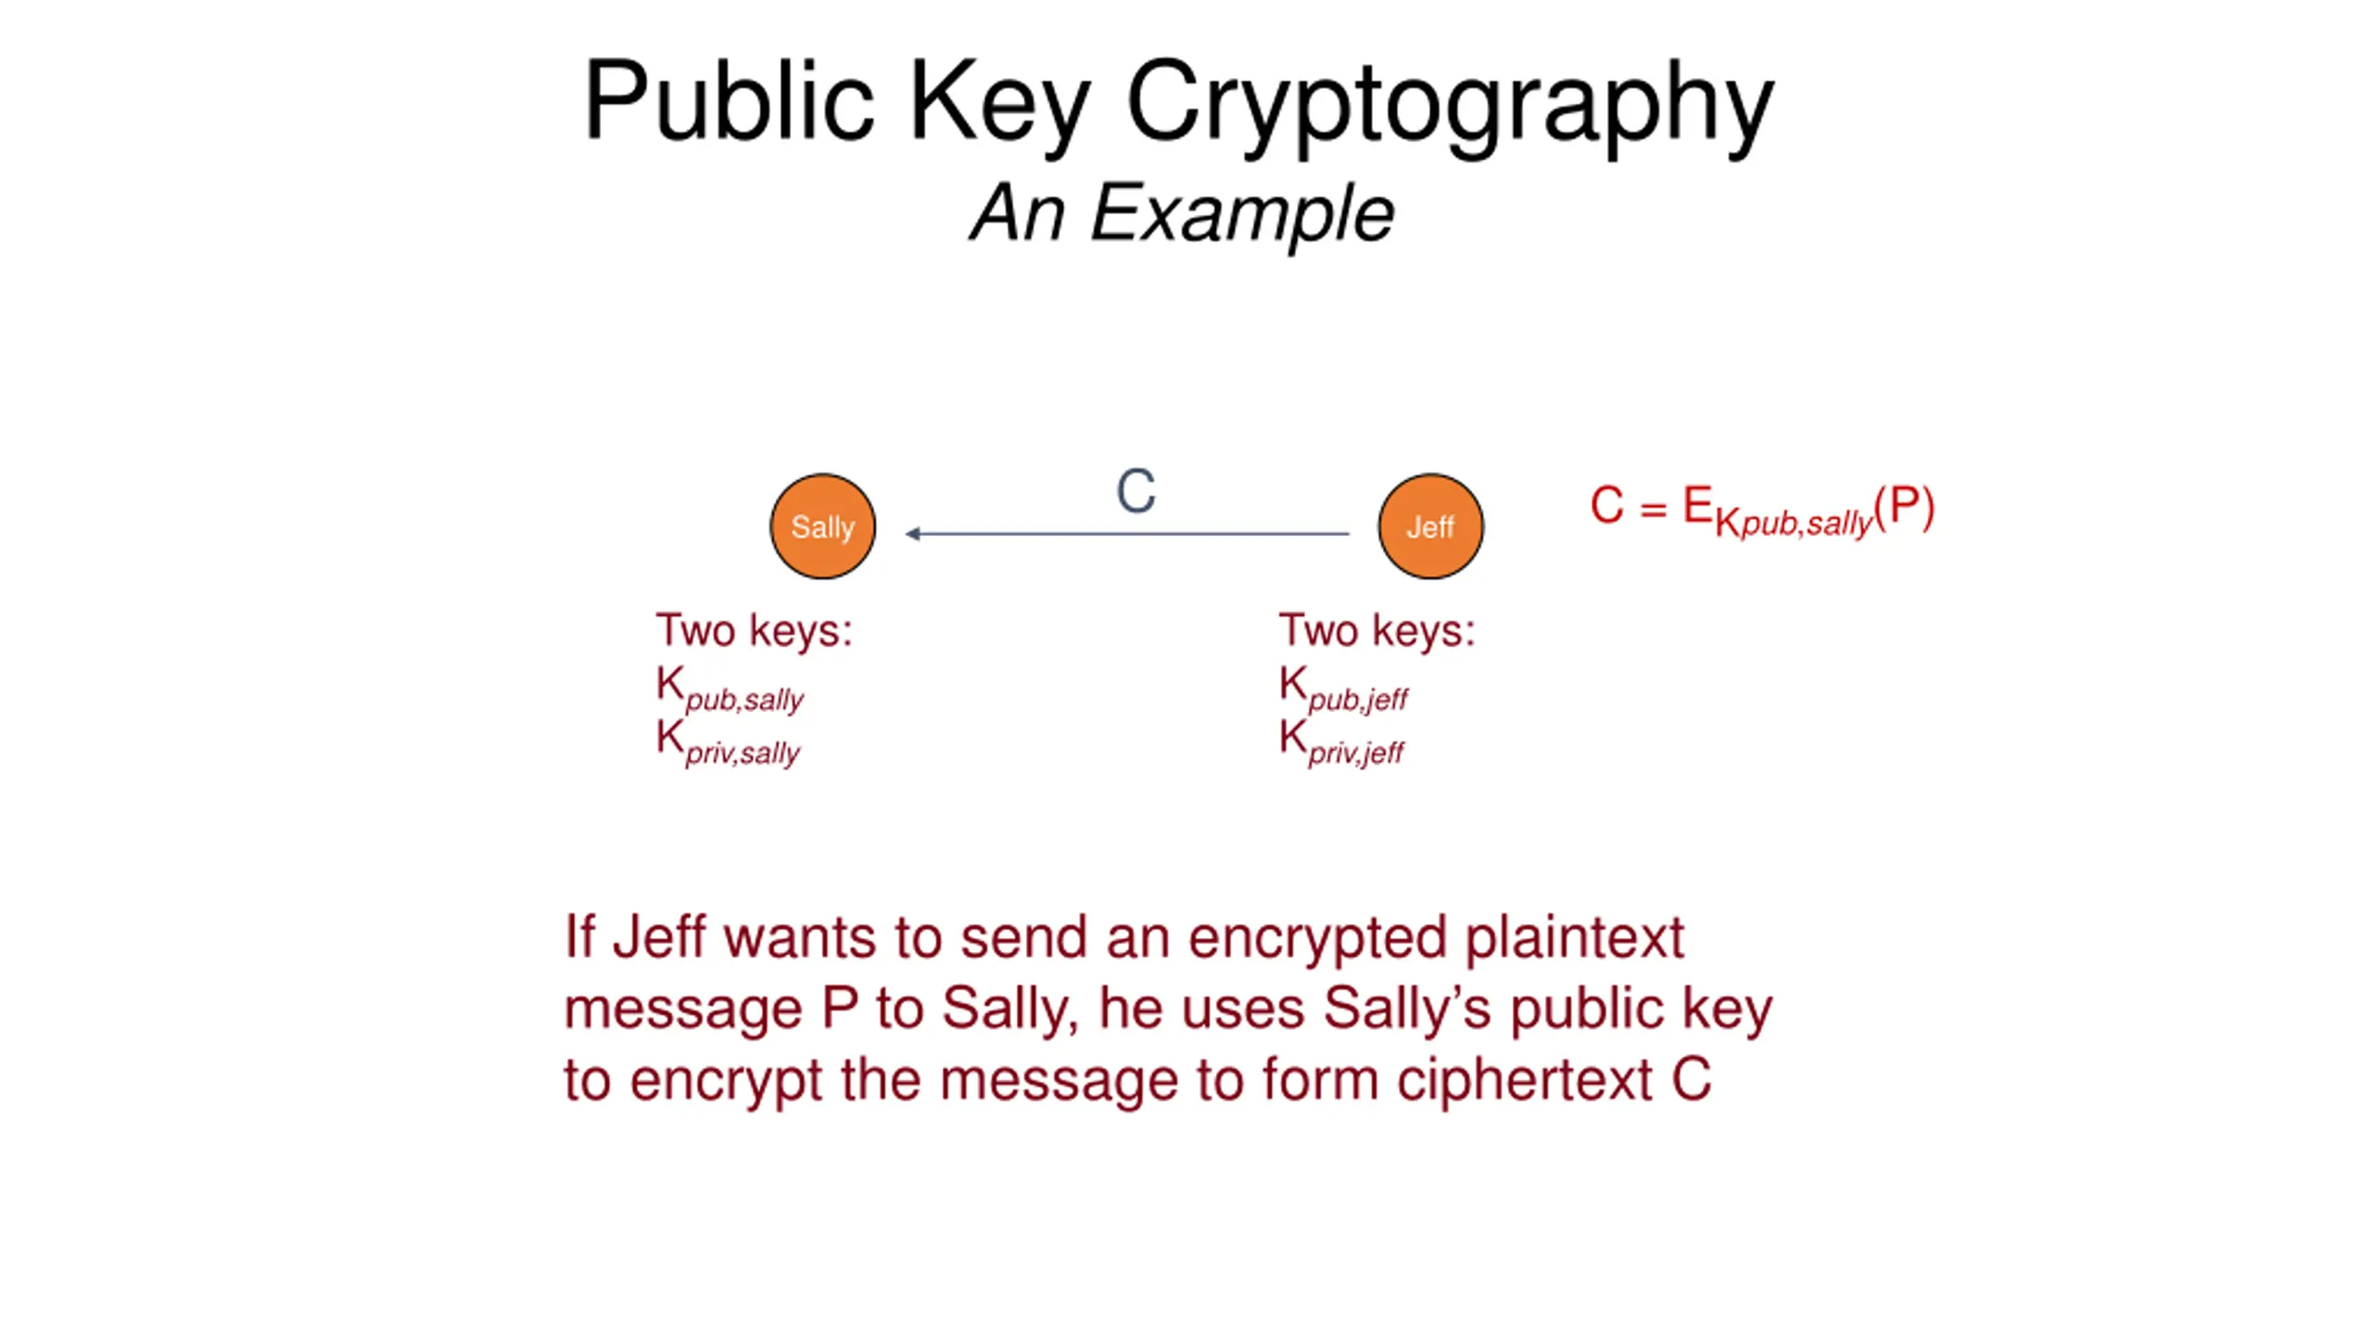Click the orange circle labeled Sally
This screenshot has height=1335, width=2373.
(822, 527)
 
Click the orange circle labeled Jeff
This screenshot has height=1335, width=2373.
(1429, 527)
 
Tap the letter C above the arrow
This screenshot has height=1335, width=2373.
(1136, 491)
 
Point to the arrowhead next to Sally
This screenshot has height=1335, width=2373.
(913, 533)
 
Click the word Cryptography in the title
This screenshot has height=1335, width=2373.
(1449, 102)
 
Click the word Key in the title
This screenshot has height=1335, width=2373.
(999, 102)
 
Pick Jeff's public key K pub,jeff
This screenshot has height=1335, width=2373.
(1343, 688)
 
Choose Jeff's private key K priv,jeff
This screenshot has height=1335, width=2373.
(1341, 742)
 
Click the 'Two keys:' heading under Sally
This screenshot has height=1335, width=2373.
(754, 630)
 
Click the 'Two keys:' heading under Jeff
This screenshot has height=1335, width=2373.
(1377, 630)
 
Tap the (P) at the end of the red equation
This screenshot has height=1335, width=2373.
(1904, 506)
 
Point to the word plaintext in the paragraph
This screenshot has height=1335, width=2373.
(1574, 938)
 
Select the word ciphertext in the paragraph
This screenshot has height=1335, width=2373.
(1524, 1080)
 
